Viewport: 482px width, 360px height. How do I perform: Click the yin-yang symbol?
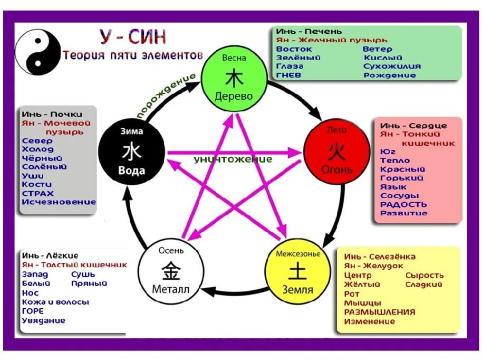coord(38,52)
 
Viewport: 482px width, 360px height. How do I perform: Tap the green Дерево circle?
coord(234,78)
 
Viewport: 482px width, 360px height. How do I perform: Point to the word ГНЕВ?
coord(290,75)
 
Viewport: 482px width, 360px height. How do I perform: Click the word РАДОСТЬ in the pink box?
coord(403,205)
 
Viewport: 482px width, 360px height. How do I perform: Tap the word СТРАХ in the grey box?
coord(38,193)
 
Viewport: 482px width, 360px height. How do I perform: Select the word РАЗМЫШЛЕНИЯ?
coord(379,312)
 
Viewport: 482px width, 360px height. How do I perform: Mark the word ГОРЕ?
coord(33,311)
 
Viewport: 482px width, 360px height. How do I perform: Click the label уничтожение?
coord(233,159)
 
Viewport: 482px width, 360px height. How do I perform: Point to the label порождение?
coord(166,96)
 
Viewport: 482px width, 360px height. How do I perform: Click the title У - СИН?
coord(133,37)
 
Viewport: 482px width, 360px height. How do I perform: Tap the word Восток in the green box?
coord(294,49)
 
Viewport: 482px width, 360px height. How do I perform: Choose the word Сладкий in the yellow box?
coord(424,285)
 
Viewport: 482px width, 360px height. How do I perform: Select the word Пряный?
coord(89,283)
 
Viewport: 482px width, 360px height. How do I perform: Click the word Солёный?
coord(44,167)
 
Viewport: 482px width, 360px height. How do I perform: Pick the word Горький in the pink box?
coord(402,178)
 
